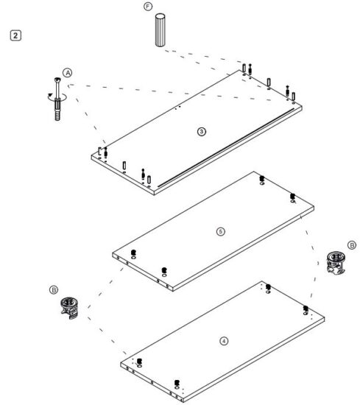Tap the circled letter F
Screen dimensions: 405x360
coord(148,8)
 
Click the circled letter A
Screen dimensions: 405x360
coord(67,74)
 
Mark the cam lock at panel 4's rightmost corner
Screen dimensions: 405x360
coord(305,308)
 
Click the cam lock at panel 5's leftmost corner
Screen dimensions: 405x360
coord(133,254)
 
